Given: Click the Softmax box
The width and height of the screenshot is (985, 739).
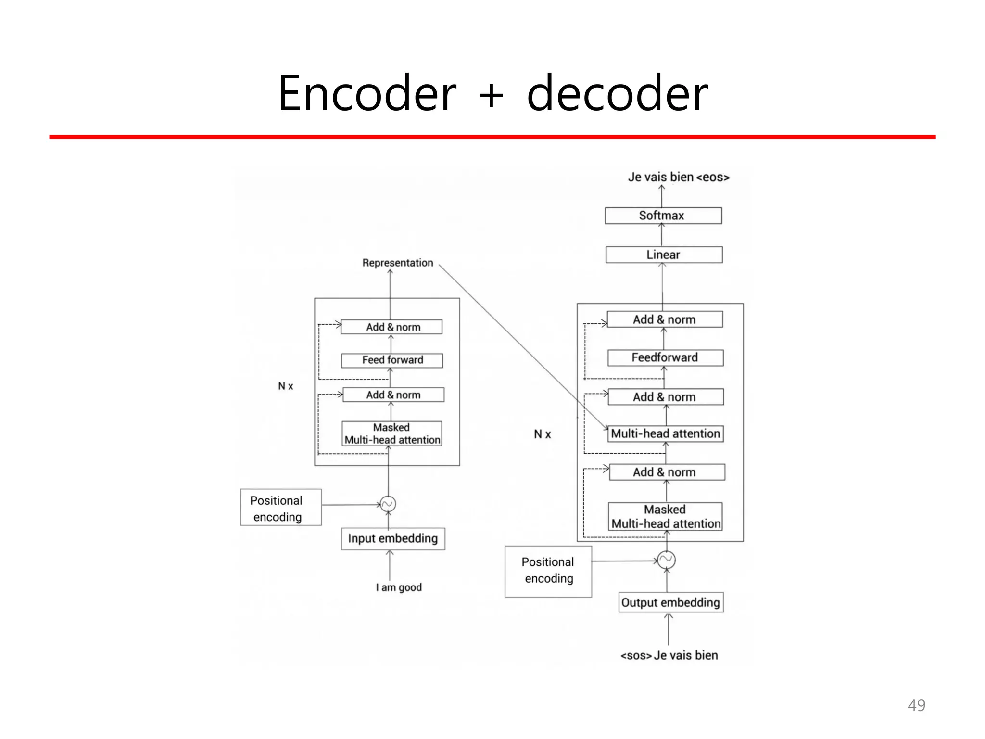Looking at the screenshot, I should coord(663,216).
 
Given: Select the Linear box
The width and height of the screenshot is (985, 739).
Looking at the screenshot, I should coord(664,255).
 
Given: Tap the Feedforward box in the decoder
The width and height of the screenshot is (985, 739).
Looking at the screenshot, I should coord(665,357).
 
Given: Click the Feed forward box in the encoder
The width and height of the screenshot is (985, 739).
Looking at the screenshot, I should coord(392,360).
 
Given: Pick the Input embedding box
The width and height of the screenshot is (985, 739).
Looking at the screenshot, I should coord(393,538).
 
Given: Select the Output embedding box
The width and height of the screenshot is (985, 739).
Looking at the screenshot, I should coord(670,602).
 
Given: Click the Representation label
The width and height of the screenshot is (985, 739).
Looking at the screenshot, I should coord(397,263).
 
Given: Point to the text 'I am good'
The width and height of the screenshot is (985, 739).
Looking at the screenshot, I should coord(399,587).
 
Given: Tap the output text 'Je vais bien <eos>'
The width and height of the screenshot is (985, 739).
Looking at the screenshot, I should coord(679,177).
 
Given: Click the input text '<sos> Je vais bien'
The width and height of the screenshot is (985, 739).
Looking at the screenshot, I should coord(669,655).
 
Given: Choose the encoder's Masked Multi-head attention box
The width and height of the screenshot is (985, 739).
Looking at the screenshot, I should coord(391,433).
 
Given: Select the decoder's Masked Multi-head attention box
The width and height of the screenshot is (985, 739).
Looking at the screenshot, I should coord(666,517).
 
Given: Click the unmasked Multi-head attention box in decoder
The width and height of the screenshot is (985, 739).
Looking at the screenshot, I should coord(666,433).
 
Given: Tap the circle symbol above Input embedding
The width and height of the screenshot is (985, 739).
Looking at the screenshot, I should coord(388,504).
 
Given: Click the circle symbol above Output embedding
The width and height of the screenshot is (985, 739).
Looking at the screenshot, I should coord(667,560).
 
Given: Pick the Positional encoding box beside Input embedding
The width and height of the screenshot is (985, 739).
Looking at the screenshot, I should coord(281,508).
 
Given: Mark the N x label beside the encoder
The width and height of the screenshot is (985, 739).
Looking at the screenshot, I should coord(286,386).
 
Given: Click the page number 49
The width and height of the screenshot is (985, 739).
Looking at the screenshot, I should coord(916,705).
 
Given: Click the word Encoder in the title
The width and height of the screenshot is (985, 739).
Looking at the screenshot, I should coord(367,93).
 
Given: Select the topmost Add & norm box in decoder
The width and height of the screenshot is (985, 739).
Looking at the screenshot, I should coord(665,319).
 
